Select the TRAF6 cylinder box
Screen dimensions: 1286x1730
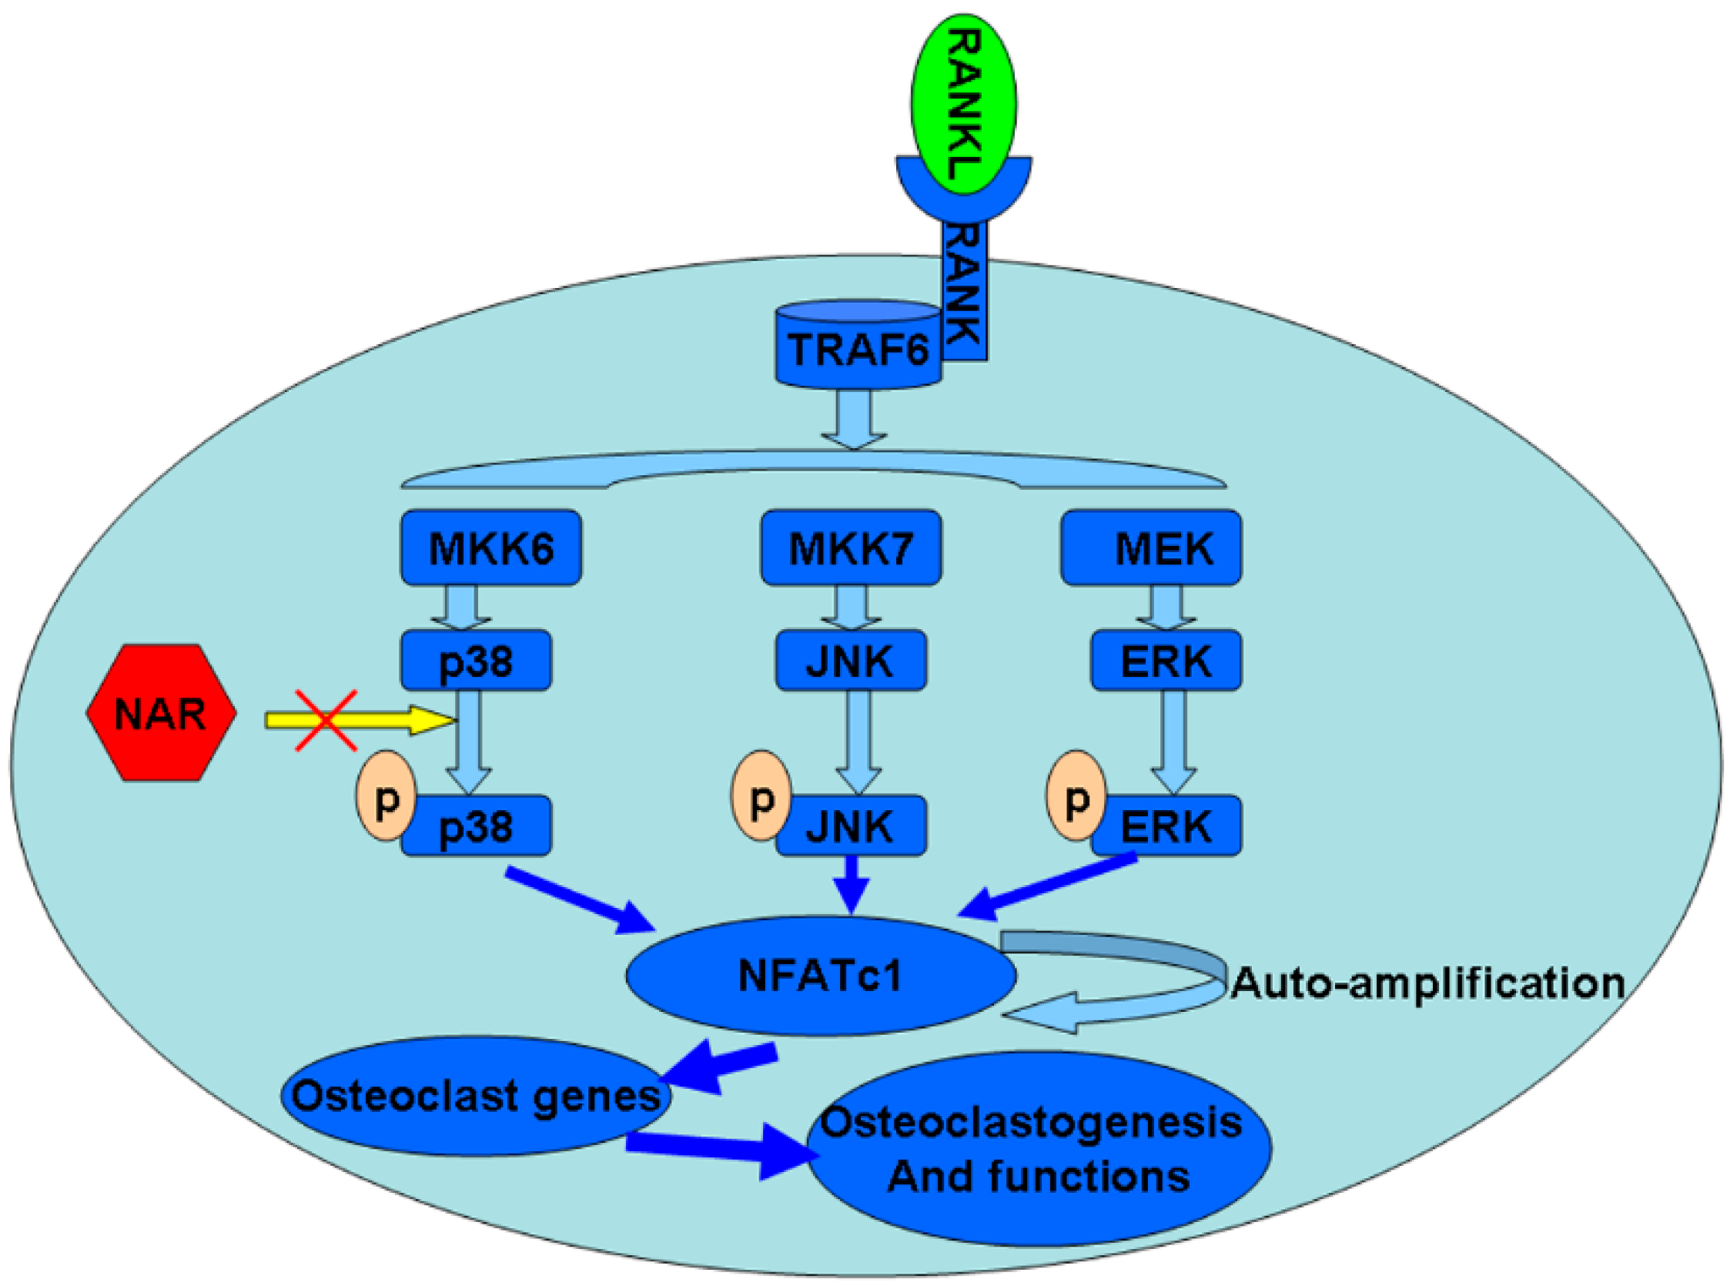pos(858,349)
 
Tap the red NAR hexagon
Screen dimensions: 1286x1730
pos(160,713)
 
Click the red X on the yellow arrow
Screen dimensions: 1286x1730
pos(326,721)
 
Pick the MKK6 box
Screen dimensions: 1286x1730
pos(491,548)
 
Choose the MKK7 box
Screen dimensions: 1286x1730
pos(851,548)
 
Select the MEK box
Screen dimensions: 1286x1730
pos(1150,548)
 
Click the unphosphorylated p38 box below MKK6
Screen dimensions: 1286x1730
pos(476,661)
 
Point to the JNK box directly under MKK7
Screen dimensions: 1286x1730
pos(851,661)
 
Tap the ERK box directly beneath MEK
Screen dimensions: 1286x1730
pos(1166,661)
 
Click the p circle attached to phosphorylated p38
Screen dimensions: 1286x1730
pos(384,796)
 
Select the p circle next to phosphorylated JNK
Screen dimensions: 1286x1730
pos(760,795)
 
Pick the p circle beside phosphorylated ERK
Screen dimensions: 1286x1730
pos(1075,795)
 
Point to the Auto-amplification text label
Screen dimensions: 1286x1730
pos(1427,983)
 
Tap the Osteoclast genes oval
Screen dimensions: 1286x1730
pos(475,1096)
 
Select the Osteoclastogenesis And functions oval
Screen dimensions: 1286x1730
pos(1039,1148)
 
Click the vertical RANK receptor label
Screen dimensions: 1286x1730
pos(965,288)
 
